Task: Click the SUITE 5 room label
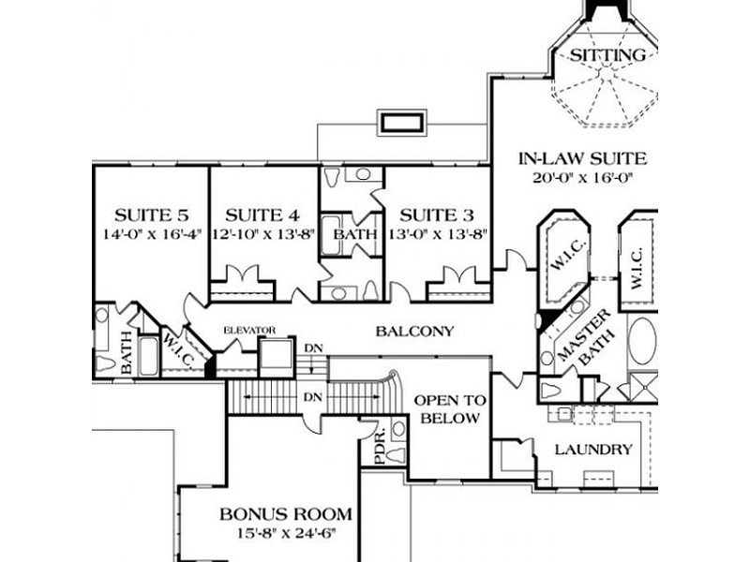[x=152, y=215]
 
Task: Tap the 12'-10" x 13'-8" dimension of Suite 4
[x=263, y=234]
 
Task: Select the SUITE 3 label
[x=437, y=215]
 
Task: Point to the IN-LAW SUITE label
[x=582, y=158]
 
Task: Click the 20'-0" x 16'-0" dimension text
[x=582, y=178]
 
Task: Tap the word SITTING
[x=607, y=55]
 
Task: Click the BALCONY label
[x=414, y=332]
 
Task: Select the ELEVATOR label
[x=249, y=331]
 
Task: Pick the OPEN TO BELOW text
[x=450, y=409]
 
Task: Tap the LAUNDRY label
[x=593, y=450]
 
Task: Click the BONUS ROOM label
[x=286, y=514]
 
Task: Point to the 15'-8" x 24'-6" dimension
[x=287, y=533]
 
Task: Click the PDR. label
[x=381, y=449]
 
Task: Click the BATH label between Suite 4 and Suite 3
[x=355, y=235]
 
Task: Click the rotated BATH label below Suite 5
[x=127, y=353]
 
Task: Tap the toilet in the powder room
[x=396, y=455]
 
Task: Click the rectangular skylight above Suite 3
[x=402, y=124]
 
